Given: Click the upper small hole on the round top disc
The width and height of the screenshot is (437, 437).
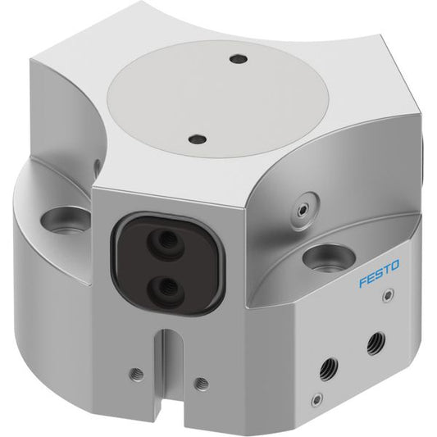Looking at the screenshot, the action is coord(239,59).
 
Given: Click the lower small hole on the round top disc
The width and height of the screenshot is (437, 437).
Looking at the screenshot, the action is coord(197,139).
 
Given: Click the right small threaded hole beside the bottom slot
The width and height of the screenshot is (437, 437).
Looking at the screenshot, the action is coord(202,384).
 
